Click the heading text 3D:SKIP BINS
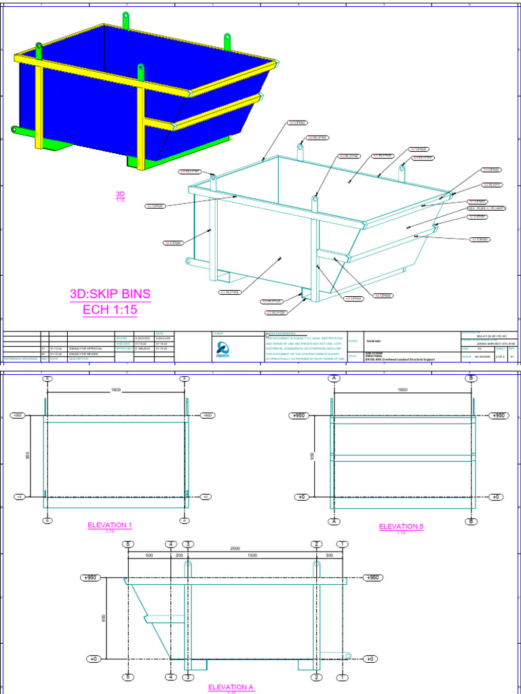click(110, 294)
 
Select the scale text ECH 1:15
click(110, 310)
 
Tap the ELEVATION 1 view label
click(110, 525)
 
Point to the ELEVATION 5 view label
click(401, 527)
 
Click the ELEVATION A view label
click(231, 687)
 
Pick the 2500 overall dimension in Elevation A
click(235, 547)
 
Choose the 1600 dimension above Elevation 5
click(402, 390)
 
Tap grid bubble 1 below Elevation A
click(343, 676)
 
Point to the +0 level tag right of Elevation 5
click(499, 497)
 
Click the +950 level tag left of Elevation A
click(90, 578)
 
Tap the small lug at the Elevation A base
click(347, 655)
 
